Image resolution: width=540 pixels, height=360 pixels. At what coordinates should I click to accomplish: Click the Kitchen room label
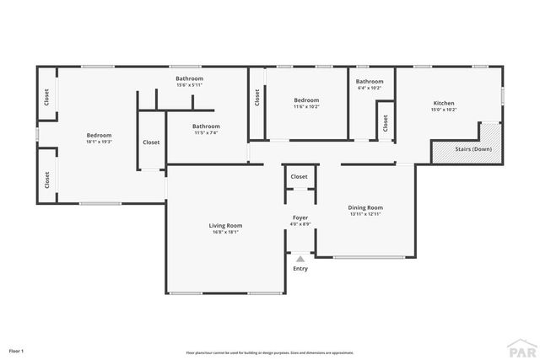444,103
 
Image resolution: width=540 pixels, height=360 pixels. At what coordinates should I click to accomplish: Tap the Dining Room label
365,207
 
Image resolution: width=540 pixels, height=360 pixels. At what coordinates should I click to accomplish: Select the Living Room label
225,225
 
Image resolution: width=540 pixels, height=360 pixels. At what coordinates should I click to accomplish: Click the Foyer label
300,218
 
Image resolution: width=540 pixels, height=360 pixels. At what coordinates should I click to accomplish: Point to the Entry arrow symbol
300,259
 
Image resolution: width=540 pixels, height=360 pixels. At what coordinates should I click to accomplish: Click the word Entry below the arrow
300,269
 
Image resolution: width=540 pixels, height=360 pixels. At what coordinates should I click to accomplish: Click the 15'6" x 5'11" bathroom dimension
189,85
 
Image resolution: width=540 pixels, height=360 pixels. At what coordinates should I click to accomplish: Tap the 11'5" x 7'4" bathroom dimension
206,132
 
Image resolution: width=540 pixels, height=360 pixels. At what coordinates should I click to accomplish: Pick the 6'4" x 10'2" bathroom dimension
370,88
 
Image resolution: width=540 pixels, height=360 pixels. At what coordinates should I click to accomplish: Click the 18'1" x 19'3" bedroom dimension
99,141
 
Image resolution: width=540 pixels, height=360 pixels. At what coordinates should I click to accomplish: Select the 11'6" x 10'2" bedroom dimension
306,106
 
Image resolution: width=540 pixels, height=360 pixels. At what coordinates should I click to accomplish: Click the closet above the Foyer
299,177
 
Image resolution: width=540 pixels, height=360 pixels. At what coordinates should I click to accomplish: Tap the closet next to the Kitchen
385,123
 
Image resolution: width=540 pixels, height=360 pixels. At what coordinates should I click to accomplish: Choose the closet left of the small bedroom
256,99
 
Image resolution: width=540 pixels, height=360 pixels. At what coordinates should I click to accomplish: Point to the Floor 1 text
16,350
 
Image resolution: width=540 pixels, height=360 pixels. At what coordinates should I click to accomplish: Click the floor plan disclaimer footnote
269,352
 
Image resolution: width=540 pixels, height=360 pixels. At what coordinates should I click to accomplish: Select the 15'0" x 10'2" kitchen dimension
444,110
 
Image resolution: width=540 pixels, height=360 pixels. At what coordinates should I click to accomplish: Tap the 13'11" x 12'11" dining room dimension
365,214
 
